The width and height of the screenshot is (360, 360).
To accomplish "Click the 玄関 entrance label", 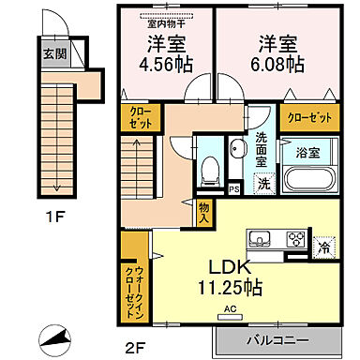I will (48, 52).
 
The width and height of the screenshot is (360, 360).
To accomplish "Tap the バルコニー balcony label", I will (273, 337).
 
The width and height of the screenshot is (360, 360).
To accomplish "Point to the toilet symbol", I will (211, 168).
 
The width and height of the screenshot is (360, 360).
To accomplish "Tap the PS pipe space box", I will (234, 188).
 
